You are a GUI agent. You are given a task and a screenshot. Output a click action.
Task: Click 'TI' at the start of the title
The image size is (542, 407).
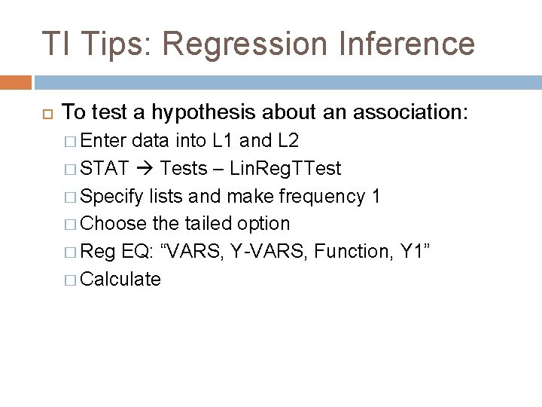pos(55,44)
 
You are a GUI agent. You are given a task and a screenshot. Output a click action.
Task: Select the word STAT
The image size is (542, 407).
pos(104,168)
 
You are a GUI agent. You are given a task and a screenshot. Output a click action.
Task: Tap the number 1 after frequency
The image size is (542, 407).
pos(376,196)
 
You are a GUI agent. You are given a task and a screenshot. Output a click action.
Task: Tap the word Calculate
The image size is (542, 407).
pos(120,280)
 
